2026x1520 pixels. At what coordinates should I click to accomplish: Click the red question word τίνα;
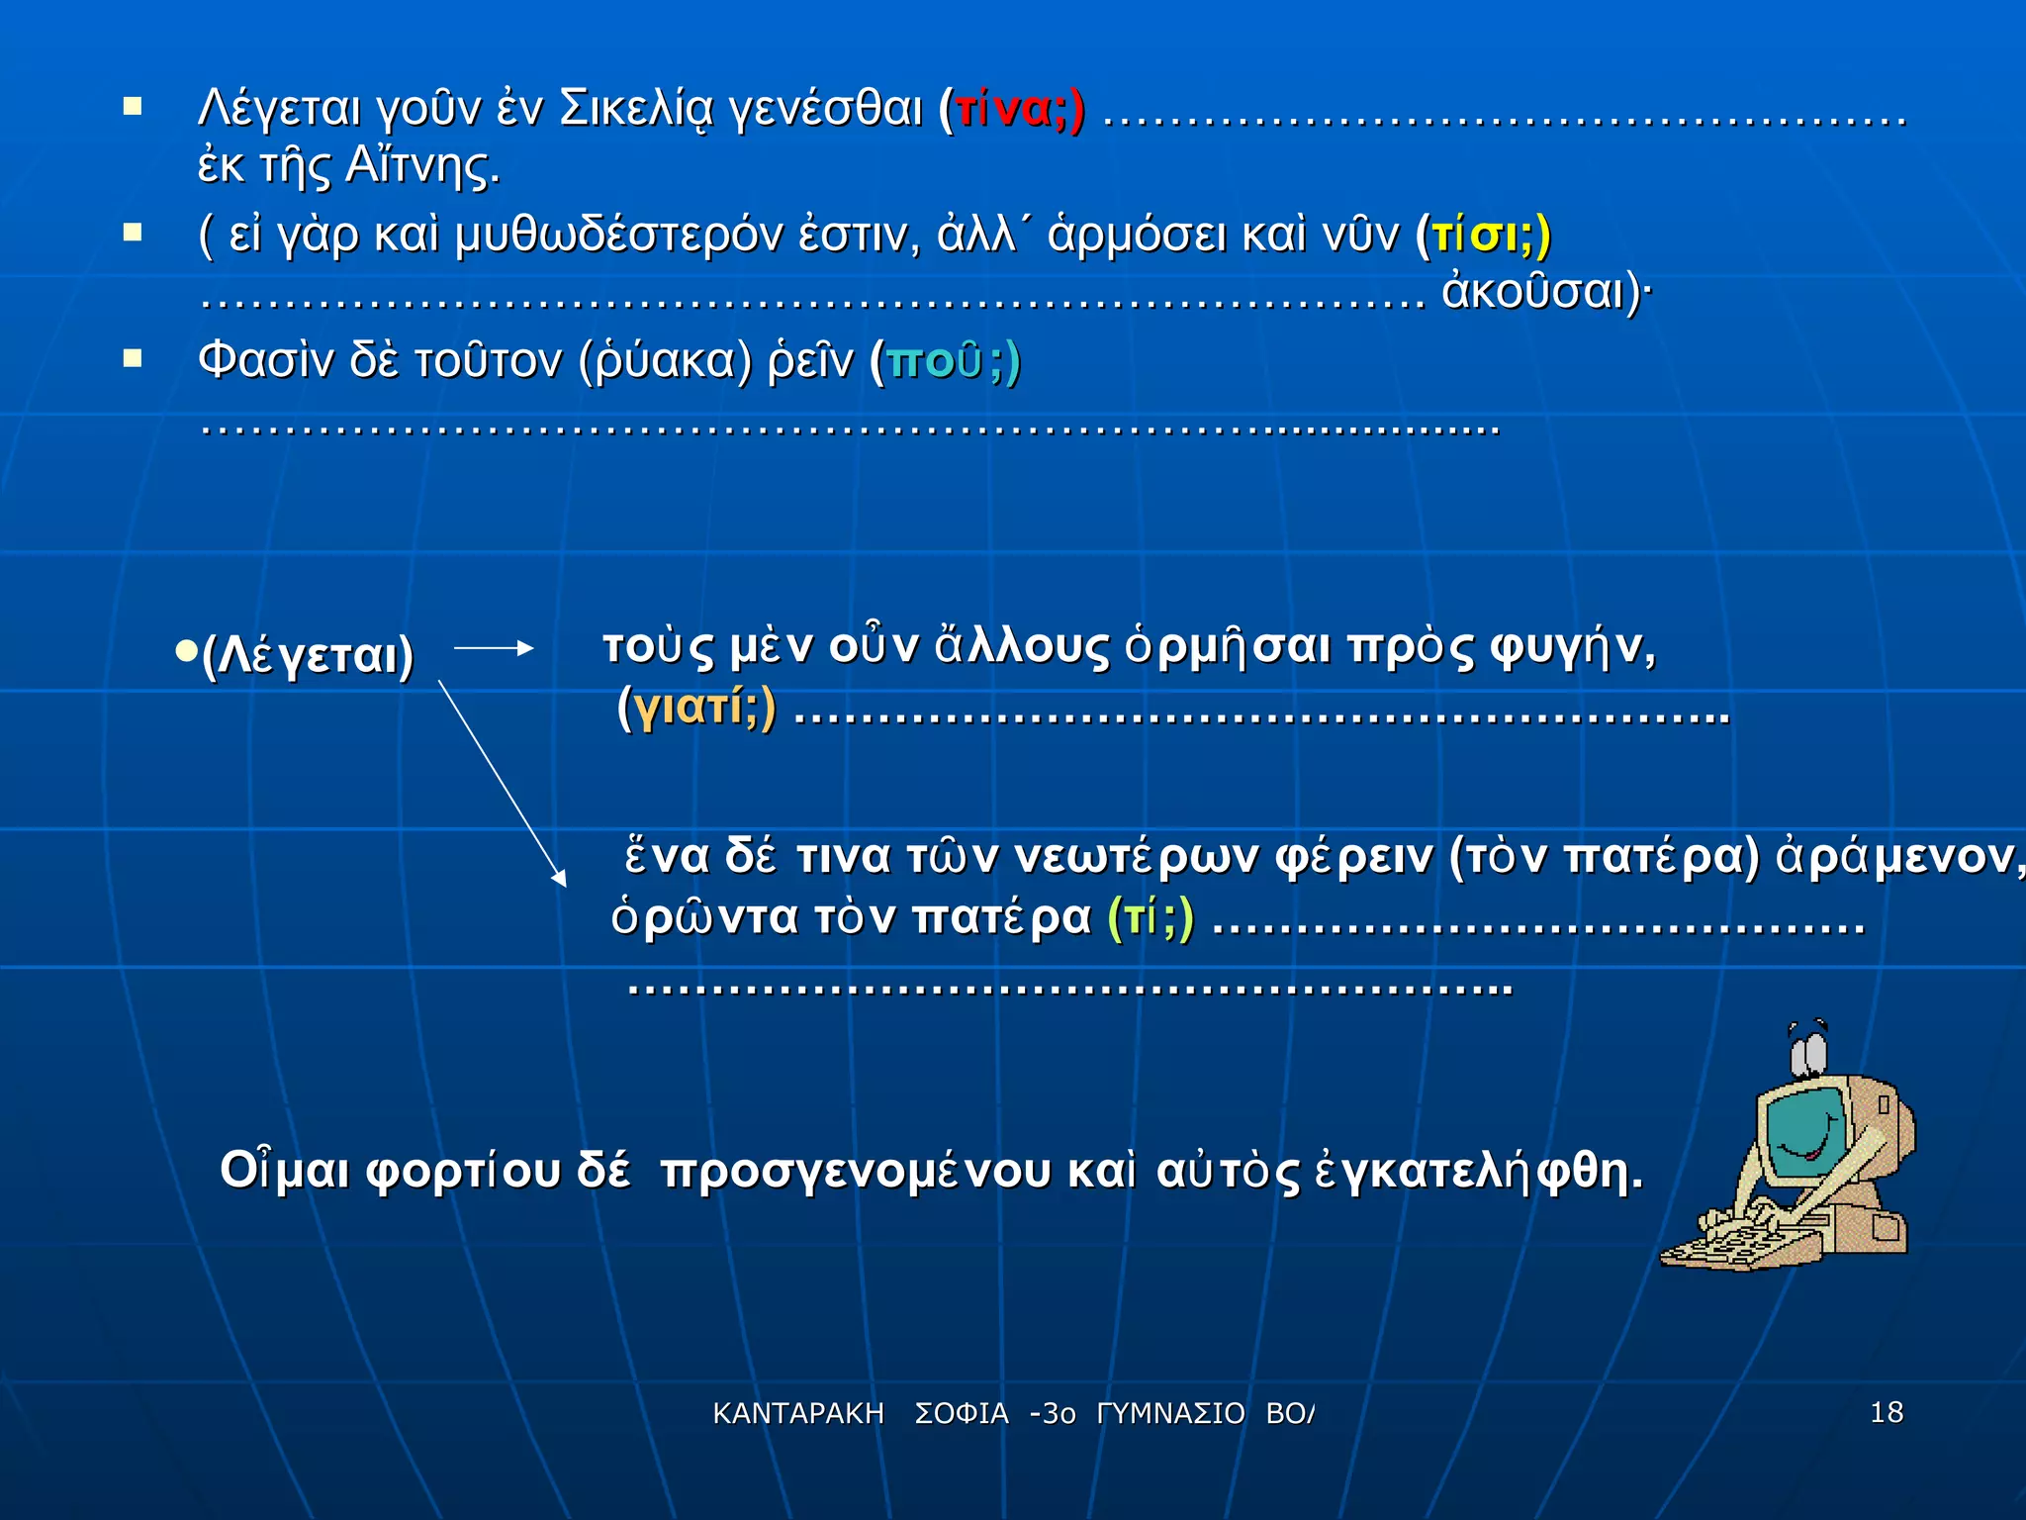pos(1011,109)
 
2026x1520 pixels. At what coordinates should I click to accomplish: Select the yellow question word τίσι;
pos(1484,236)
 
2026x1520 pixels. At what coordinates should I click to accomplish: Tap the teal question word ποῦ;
pos(946,361)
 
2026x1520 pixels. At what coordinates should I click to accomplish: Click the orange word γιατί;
pos(696,707)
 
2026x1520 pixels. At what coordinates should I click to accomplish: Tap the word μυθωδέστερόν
pos(618,236)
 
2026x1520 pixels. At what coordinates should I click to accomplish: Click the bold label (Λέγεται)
pos(307,655)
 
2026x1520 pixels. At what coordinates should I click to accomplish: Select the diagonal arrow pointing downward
pos(502,782)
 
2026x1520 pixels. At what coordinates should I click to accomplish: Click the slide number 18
pos(1887,1412)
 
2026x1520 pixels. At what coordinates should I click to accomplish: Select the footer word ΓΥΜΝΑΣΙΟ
pos(1170,1414)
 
